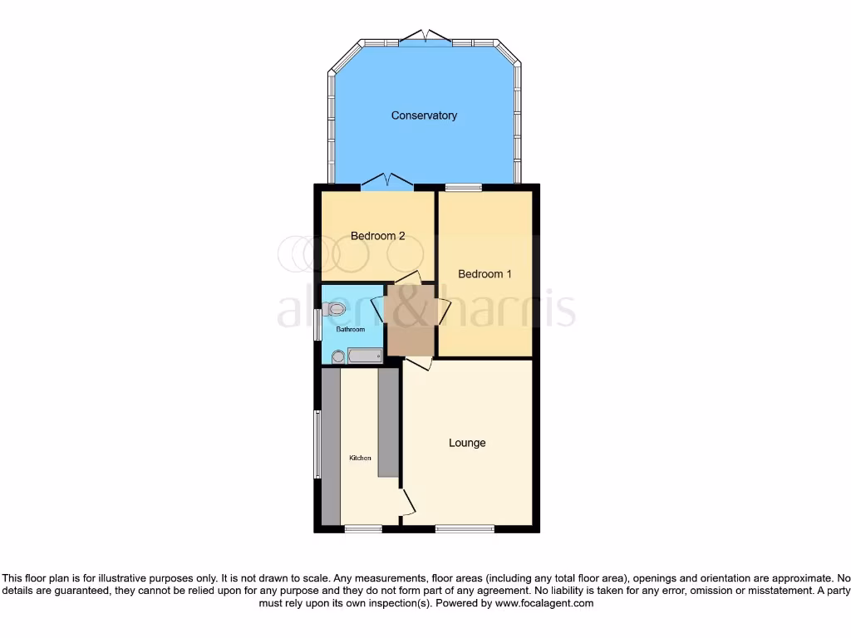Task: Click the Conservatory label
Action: pos(424,115)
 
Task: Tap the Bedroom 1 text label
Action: pos(485,274)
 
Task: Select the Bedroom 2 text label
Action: pos(377,236)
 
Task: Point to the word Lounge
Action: pos(467,443)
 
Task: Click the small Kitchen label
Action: pos(360,459)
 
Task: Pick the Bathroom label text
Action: pos(350,330)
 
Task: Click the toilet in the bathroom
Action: pos(336,309)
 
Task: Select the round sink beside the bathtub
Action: pos(337,357)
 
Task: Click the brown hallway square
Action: pos(411,319)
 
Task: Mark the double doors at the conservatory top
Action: pos(425,37)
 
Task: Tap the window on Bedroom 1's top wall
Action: pos(464,187)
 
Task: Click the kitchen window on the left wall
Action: pos(317,444)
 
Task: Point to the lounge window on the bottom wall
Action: pos(464,528)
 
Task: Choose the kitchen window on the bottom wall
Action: pos(363,528)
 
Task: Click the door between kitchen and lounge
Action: pos(407,501)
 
